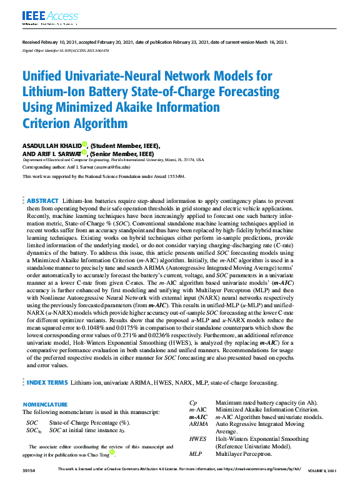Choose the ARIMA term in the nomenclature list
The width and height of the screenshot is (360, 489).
(198, 424)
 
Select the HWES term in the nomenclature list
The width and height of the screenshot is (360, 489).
(197, 439)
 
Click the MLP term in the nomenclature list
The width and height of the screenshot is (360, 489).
(196, 454)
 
